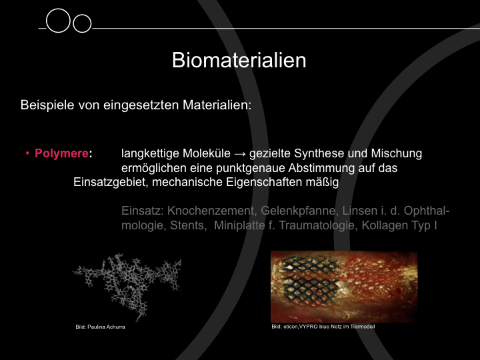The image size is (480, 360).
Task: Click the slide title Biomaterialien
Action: (239, 60)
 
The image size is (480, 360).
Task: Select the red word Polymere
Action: (61, 153)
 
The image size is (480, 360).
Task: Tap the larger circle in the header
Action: (58, 21)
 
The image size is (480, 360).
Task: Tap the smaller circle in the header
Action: (82, 23)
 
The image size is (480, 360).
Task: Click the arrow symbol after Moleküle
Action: (240, 154)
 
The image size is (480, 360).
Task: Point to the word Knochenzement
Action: (211, 211)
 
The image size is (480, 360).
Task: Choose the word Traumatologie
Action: (317, 225)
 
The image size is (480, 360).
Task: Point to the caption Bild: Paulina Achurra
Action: (100, 327)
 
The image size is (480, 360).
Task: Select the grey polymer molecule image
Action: (127, 286)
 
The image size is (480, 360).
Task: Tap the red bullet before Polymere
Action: (27, 153)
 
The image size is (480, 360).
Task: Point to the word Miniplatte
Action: (239, 225)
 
